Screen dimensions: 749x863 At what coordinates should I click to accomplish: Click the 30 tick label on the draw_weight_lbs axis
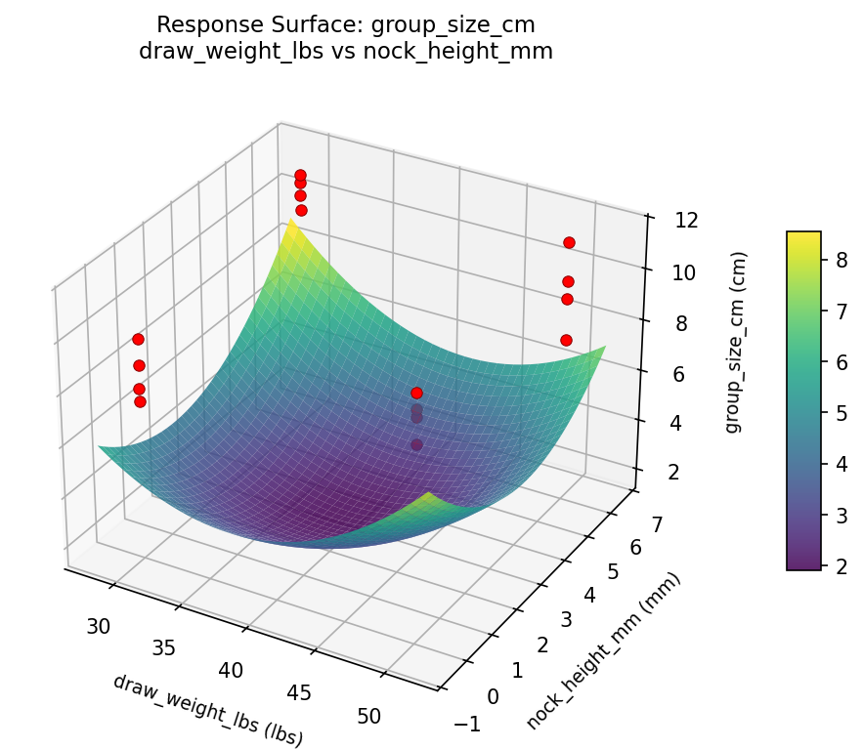[x=98, y=627]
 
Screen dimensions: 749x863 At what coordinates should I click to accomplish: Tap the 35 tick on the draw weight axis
[x=163, y=647]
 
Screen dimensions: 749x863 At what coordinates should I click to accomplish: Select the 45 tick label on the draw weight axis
[x=299, y=692]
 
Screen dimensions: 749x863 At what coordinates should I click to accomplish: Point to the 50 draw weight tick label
[x=369, y=716]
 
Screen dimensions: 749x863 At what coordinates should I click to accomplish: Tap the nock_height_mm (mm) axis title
[x=603, y=651]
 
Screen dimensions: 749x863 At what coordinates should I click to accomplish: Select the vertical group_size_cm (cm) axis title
[x=738, y=342]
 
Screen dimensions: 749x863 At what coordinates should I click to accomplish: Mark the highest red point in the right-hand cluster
[x=569, y=242]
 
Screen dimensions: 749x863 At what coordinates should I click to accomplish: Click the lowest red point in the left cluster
[x=140, y=401]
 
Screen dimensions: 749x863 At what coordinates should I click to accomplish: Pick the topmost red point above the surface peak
[x=300, y=175]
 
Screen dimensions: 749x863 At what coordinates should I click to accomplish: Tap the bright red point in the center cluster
[x=416, y=393]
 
